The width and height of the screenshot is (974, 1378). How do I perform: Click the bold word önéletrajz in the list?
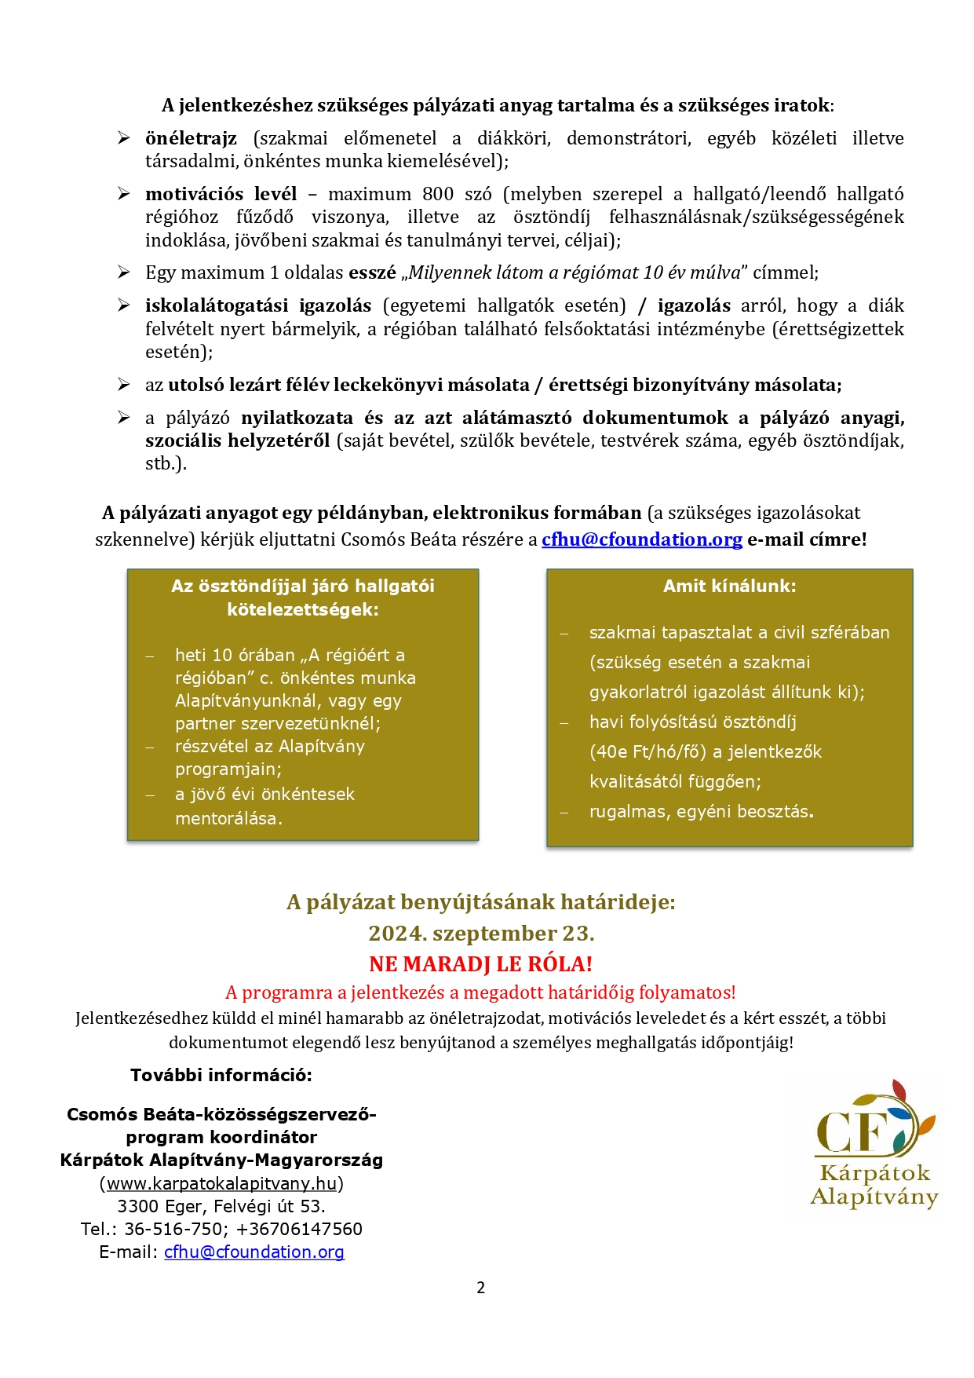191,139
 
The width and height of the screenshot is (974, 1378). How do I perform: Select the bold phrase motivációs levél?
221,194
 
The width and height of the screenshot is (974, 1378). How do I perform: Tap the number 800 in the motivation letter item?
439,194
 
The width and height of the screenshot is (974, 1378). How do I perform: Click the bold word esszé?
372,273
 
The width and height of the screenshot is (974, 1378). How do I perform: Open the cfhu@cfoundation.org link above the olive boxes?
641,539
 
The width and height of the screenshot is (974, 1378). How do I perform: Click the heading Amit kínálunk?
729,586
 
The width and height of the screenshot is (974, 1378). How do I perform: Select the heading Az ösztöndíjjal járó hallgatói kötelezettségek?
302,598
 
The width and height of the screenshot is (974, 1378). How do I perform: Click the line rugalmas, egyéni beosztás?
701,811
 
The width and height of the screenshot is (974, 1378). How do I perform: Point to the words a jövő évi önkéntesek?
264,794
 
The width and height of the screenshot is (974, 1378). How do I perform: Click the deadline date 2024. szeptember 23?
481,934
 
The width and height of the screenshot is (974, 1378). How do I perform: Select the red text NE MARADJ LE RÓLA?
480,964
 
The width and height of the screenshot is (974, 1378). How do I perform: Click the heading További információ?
221,1076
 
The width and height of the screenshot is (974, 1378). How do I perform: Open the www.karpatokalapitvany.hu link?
221,1183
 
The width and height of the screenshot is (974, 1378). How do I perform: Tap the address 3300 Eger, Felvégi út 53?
221,1206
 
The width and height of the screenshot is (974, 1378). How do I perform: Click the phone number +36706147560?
299,1229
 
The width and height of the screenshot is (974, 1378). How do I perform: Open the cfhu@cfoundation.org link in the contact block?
254,1252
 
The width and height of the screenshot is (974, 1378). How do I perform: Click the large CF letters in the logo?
852,1131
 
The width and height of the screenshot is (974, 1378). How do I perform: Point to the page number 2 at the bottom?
480,1288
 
